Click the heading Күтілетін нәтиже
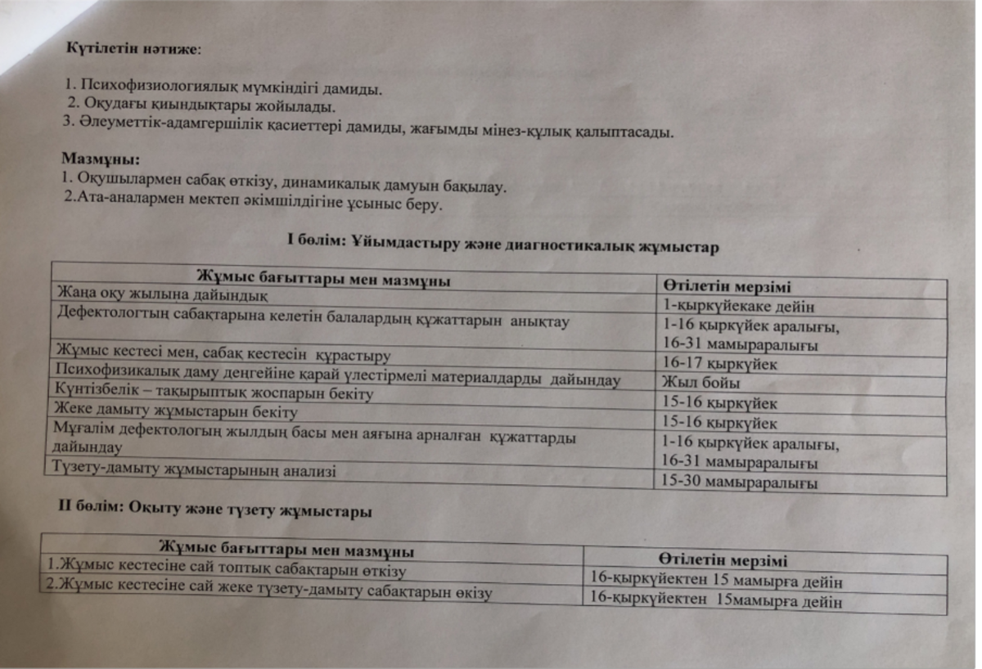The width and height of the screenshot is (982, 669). pyautogui.click(x=132, y=47)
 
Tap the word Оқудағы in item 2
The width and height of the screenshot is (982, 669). pyautogui.click(x=111, y=106)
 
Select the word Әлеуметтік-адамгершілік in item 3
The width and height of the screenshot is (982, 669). pyautogui.click(x=156, y=124)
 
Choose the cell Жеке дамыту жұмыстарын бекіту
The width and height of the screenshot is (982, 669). pyautogui.click(x=175, y=411)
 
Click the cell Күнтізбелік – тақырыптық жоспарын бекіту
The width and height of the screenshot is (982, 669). pyautogui.click(x=213, y=394)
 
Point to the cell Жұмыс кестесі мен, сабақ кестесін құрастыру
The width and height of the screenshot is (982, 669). pyautogui.click(x=220, y=355)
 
